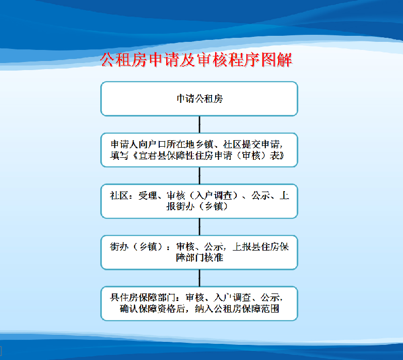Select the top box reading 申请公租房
[199, 99]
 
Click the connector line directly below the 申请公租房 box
[199, 125]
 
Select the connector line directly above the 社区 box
[199, 175]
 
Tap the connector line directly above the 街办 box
[199, 227]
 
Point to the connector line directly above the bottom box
[199, 278]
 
